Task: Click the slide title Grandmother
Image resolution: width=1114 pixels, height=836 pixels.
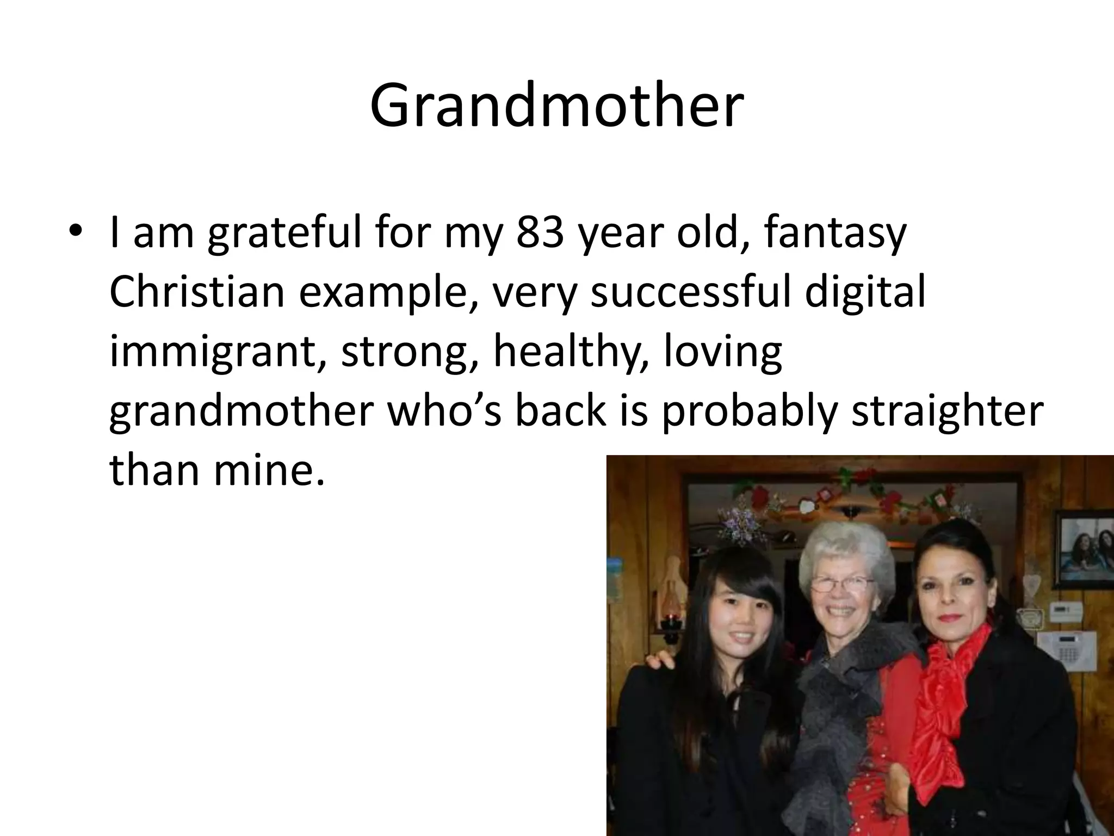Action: (x=556, y=106)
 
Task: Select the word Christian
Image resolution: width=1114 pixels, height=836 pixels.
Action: (x=197, y=292)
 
